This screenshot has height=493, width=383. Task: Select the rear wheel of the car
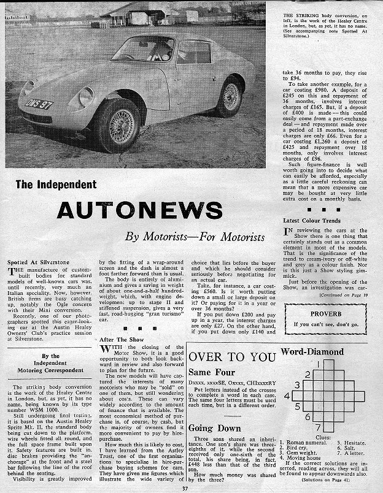pos(230,95)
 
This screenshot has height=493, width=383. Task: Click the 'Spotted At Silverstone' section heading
pos(36,262)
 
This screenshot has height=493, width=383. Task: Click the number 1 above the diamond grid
pos(320,364)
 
